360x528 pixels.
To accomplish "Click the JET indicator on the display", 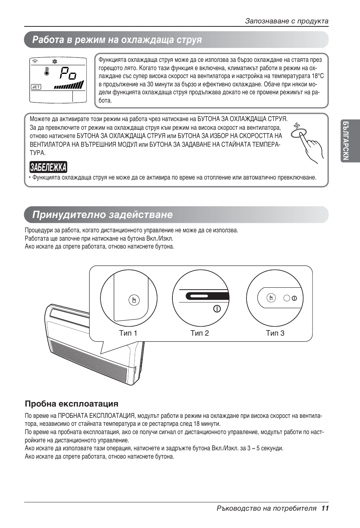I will click(x=36, y=87).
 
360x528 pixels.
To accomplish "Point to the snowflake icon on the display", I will click(x=54, y=61).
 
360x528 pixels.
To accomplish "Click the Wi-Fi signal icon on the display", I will click(x=35, y=61).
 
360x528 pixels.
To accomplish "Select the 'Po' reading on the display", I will click(x=68, y=73).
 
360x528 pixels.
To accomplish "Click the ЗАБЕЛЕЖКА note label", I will click(x=48, y=167).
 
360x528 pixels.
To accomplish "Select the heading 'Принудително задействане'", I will click(x=102, y=215).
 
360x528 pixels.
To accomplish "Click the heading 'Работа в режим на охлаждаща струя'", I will click(x=117, y=40).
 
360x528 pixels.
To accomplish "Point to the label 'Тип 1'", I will click(x=128, y=333).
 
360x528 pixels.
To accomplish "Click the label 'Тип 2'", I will click(x=200, y=333).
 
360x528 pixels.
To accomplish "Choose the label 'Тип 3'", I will click(x=275, y=333).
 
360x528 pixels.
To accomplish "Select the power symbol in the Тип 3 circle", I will click(x=294, y=298).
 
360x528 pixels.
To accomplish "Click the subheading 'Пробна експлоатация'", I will click(x=72, y=404).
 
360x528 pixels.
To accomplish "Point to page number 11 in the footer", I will click(x=325, y=508).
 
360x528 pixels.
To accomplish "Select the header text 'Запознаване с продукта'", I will click(x=286, y=21).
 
